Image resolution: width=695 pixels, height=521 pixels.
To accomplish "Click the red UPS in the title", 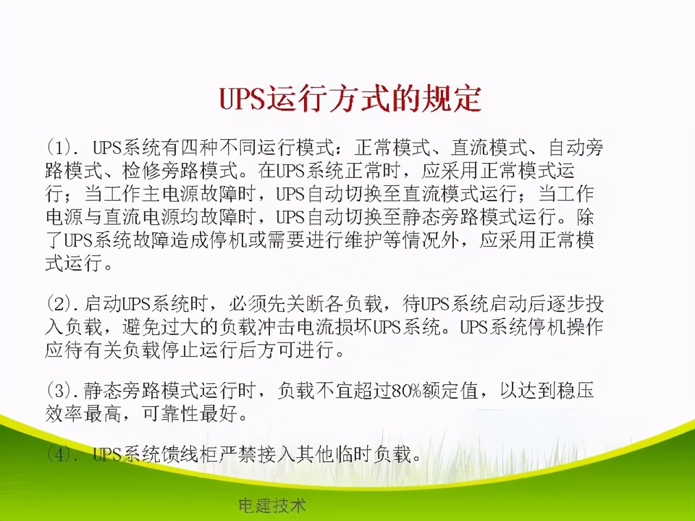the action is (x=242, y=98).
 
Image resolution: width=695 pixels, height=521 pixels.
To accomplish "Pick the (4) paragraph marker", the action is (x=59, y=455).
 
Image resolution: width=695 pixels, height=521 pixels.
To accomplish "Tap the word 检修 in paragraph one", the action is (x=141, y=170).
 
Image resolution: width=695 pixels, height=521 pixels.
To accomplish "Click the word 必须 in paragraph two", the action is (x=247, y=304).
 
